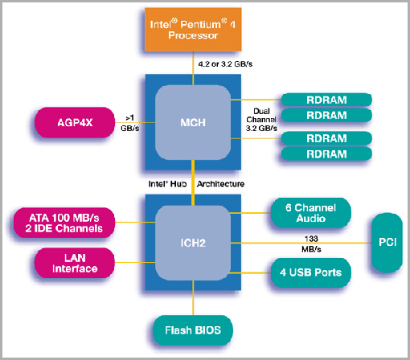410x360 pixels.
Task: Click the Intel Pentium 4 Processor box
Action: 193,29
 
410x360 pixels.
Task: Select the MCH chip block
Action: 193,122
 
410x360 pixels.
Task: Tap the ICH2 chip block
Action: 193,243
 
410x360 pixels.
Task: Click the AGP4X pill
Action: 75,122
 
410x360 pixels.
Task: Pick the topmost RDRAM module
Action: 326,100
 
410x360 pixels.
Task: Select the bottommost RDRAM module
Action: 326,154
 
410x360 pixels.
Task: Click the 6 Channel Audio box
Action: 310,213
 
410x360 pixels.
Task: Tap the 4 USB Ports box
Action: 310,272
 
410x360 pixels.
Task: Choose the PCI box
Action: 387,243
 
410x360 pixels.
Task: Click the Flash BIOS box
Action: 193,330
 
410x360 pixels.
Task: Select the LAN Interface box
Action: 75,263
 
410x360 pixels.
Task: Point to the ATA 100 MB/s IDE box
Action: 64,223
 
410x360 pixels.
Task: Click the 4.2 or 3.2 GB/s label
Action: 225,64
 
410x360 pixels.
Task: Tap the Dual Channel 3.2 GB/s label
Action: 261,120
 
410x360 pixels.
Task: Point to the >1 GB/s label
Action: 130,123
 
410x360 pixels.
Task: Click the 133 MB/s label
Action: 311,243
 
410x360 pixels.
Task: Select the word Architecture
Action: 220,184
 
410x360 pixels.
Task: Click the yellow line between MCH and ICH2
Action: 193,182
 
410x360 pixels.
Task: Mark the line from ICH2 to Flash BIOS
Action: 193,298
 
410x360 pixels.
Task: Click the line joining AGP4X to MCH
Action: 135,123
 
